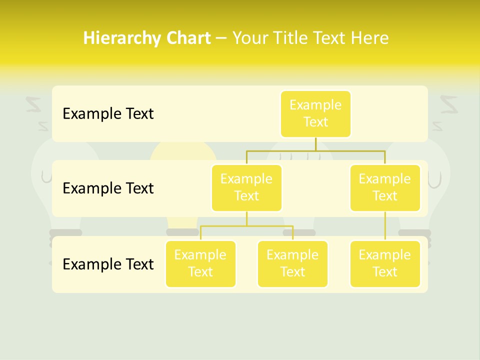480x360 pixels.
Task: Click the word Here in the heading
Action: (369, 38)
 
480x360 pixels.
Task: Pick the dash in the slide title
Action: (221, 38)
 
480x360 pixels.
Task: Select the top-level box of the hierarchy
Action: (315, 113)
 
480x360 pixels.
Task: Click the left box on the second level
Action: (246, 187)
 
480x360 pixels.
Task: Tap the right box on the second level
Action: (385, 187)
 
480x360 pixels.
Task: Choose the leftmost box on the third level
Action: (200, 263)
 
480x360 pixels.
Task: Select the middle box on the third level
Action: (292, 263)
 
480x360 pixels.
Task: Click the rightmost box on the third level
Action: (385, 263)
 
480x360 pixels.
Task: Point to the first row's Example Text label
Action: (108, 113)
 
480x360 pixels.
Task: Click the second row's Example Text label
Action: (108, 188)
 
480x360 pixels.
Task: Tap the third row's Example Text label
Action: (108, 263)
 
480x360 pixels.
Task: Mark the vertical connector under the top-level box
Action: (315, 144)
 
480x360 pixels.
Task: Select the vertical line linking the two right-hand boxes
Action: (385, 226)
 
